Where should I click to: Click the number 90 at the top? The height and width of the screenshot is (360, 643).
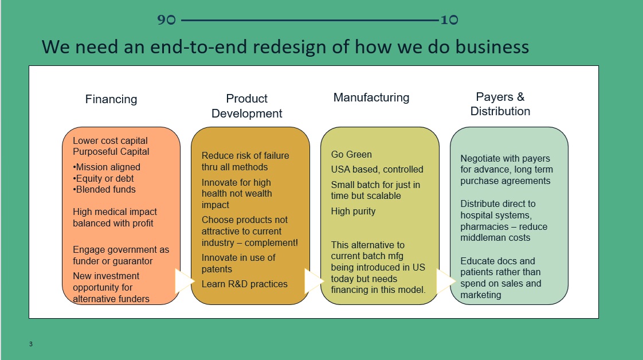pyautogui.click(x=166, y=20)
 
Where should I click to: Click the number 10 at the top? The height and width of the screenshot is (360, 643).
pyautogui.click(x=449, y=20)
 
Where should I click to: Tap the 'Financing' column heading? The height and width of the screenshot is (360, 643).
pyautogui.click(x=111, y=99)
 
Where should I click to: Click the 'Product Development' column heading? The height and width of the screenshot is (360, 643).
pyautogui.click(x=247, y=106)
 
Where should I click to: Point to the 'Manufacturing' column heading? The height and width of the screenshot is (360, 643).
pyautogui.click(x=371, y=97)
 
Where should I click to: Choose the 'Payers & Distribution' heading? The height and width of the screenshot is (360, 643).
pyautogui.click(x=500, y=104)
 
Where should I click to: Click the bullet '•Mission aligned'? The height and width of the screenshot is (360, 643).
pyautogui.click(x=107, y=167)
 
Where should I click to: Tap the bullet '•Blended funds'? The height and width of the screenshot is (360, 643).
pyautogui.click(x=104, y=189)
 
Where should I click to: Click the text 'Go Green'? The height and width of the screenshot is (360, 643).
pyautogui.click(x=351, y=154)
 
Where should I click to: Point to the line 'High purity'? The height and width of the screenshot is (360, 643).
pyautogui.click(x=353, y=211)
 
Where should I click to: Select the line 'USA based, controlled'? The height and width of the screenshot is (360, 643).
pyautogui.click(x=377, y=169)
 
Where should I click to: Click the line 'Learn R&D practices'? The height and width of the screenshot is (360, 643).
pyautogui.click(x=245, y=284)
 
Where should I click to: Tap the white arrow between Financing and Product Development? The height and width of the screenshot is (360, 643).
pyautogui.click(x=184, y=281)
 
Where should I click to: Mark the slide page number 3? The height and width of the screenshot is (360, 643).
pyautogui.click(x=31, y=345)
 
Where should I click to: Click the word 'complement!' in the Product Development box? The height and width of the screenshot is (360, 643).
pyautogui.click(x=272, y=242)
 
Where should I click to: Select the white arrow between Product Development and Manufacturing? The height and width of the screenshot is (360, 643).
pyautogui.click(x=313, y=281)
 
